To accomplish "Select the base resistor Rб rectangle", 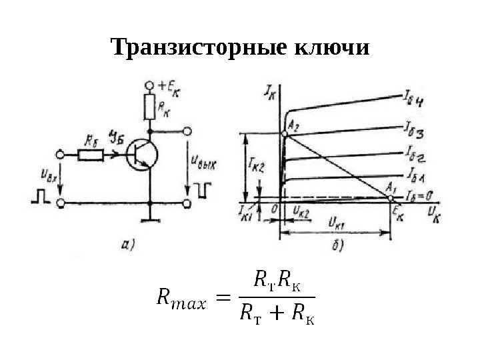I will click(x=91, y=155).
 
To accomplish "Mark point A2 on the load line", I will click(x=285, y=134).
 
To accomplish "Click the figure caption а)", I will click(x=130, y=245).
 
